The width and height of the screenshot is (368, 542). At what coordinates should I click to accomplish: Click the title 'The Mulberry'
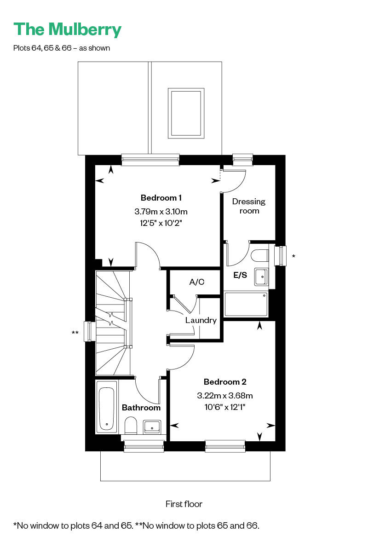pyautogui.click(x=67, y=30)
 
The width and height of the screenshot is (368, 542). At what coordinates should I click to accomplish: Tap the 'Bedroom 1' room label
pyautogui.click(x=161, y=198)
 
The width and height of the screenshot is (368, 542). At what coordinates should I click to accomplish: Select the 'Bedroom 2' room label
pyautogui.click(x=225, y=381)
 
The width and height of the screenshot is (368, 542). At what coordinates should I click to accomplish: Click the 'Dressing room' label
pyautogui.click(x=249, y=206)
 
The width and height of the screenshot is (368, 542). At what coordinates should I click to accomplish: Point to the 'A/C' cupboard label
pyautogui.click(x=196, y=282)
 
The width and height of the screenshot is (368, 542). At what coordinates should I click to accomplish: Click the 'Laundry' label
pyautogui.click(x=201, y=320)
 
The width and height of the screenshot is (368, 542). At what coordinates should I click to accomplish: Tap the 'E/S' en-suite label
pyautogui.click(x=240, y=275)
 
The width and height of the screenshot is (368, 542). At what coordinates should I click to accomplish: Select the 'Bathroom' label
pyautogui.click(x=141, y=408)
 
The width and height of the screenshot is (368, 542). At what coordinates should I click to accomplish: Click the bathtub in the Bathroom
pyautogui.click(x=106, y=407)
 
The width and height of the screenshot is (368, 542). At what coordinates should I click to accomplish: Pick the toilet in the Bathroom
pyautogui.click(x=131, y=425)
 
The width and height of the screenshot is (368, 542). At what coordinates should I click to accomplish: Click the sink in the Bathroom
pyautogui.click(x=152, y=427)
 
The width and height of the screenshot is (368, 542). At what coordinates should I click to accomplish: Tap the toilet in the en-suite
pyautogui.click(x=260, y=256)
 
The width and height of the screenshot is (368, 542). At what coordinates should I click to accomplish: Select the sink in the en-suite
pyautogui.click(x=261, y=277)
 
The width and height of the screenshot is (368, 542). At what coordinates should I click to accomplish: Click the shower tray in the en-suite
pyautogui.click(x=246, y=305)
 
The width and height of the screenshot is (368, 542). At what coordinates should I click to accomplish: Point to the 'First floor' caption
pyautogui.click(x=184, y=504)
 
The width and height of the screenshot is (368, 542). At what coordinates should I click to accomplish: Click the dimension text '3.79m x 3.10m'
pyautogui.click(x=161, y=211)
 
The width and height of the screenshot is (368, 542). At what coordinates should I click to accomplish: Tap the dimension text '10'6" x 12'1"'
pyautogui.click(x=225, y=407)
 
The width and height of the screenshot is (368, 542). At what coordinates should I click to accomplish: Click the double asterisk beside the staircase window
pyautogui.click(x=75, y=333)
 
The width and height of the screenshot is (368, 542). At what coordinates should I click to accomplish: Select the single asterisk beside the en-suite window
pyautogui.click(x=293, y=256)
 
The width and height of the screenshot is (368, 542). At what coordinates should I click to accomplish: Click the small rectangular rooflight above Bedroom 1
pyautogui.click(x=186, y=113)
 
